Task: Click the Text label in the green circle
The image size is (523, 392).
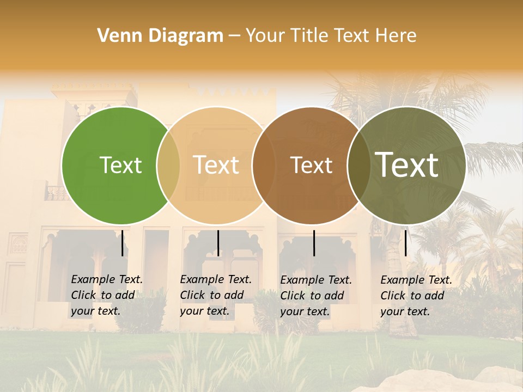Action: (120, 165)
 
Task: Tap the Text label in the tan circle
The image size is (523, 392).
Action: (216, 165)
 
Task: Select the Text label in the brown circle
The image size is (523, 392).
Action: (311, 165)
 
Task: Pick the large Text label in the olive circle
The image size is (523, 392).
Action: (407, 164)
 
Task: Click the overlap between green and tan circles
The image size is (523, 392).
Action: (168, 166)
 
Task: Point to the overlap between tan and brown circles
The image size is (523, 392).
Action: (263, 166)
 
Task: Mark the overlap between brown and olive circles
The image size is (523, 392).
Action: (358, 166)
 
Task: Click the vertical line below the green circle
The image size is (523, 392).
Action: (122, 243)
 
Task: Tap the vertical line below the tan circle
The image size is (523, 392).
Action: (218, 243)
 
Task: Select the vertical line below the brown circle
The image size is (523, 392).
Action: (314, 243)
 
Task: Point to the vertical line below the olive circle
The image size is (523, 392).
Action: (405, 243)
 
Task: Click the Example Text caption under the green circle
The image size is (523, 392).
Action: (107, 295)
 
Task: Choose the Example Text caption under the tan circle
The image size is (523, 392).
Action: (216, 295)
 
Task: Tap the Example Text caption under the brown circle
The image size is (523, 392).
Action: (316, 296)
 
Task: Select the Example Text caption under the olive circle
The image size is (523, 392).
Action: (416, 296)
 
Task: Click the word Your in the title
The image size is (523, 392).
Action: (265, 36)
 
